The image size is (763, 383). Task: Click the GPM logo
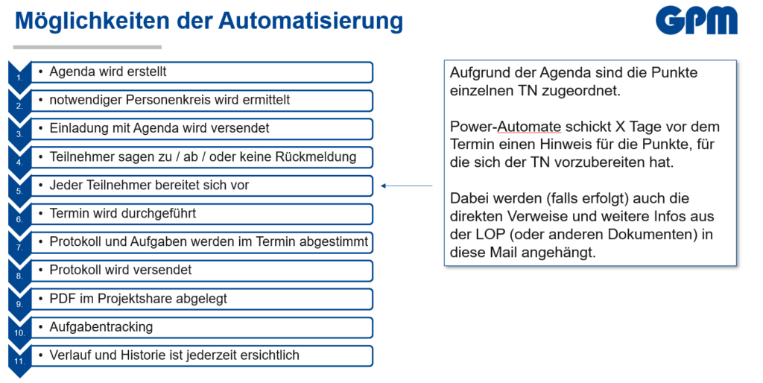pos(697,20)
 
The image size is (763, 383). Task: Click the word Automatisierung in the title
pos(311,21)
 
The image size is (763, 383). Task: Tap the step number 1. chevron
pos(19,73)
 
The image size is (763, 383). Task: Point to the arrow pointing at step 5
pos(407,186)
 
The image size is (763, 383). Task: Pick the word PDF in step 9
pos(63,298)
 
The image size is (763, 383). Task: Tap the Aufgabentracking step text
pos(101,326)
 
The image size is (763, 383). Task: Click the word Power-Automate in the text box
pos(506,127)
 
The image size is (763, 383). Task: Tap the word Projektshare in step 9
pos(133,298)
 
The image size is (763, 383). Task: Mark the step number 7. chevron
pos(19,244)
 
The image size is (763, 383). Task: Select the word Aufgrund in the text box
pos(478,73)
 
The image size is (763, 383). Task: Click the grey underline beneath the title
pos(87,47)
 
